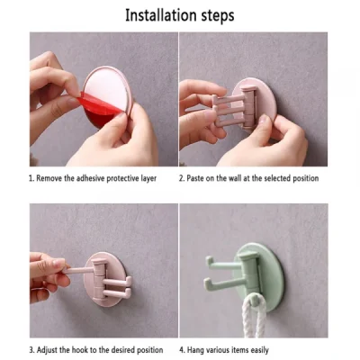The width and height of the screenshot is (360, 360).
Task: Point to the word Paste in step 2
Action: click(199, 178)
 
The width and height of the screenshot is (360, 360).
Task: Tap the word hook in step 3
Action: click(94, 349)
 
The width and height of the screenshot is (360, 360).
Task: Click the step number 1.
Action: click(32, 178)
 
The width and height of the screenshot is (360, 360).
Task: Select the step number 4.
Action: click(183, 349)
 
